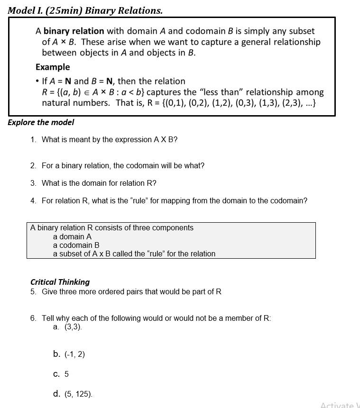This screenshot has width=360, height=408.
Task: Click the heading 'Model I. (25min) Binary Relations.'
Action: click(x=85, y=10)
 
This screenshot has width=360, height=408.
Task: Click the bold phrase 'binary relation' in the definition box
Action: click(x=74, y=31)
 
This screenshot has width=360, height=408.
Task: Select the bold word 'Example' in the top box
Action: click(x=53, y=67)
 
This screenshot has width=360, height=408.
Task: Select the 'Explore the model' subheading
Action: click(x=41, y=122)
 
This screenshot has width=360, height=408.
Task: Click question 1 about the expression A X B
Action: click(x=109, y=140)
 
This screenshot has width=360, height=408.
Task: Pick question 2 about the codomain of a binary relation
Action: click(x=122, y=166)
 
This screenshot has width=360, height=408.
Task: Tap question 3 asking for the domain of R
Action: click(x=99, y=183)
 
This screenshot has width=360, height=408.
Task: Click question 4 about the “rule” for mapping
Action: click(x=174, y=200)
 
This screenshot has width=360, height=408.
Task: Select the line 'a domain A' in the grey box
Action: click(x=72, y=236)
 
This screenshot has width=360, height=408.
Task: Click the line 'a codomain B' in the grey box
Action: click(x=76, y=245)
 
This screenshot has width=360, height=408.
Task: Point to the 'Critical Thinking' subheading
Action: click(x=60, y=282)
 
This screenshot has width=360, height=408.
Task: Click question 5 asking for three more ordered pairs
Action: click(x=131, y=291)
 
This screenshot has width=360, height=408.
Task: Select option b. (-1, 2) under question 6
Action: click(x=69, y=354)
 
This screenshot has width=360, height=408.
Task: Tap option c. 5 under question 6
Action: click(x=61, y=374)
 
